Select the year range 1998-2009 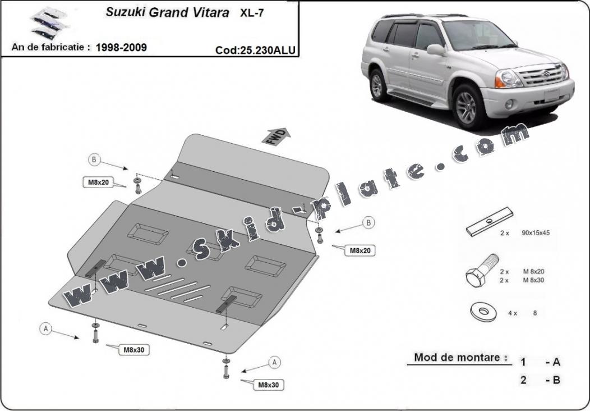121,47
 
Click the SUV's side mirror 435,50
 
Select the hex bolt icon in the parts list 482,272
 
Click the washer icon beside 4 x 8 483,312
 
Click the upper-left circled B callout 94,160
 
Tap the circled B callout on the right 368,223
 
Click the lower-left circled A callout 44,329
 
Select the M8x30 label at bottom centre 269,385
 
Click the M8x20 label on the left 98,182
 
